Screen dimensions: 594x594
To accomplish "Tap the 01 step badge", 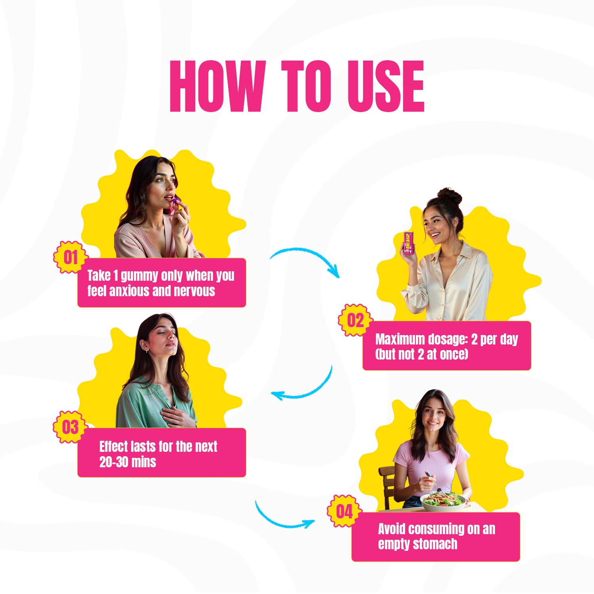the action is (x=70, y=257).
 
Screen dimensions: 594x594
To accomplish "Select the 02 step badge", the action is (x=355, y=320).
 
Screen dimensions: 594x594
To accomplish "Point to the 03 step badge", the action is (x=70, y=427).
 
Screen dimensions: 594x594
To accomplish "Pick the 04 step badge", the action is (x=344, y=511).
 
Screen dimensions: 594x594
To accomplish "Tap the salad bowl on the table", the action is (x=443, y=502).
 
